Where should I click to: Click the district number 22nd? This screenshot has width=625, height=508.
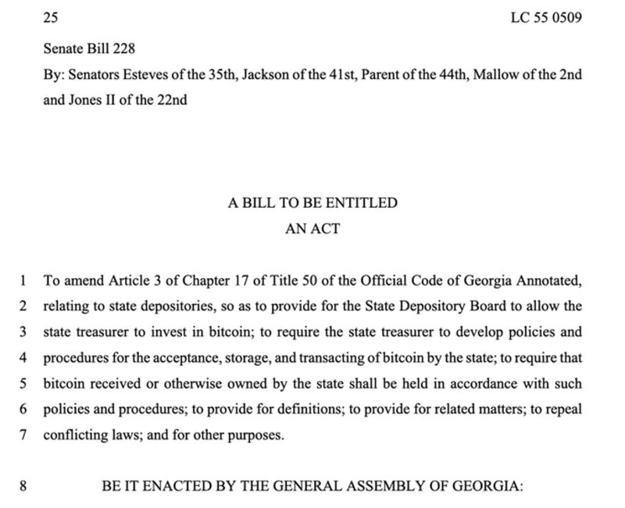point(170,99)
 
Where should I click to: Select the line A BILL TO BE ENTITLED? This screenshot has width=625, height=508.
point(312,203)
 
